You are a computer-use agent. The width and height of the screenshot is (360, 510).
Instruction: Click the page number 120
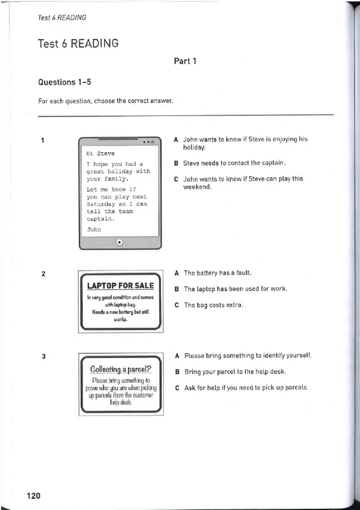pos(33,496)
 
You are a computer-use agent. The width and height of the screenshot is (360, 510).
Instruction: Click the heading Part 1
pos(185,61)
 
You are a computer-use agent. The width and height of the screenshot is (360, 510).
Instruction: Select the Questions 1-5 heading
pos(66,82)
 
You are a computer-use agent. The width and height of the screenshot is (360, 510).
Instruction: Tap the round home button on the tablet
pos(119,242)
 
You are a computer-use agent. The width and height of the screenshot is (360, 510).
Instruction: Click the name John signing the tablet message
pos(94,229)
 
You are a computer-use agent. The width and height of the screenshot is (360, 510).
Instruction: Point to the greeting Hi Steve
pos(100,153)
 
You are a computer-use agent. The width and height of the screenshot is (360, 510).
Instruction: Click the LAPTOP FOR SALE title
pos(120,286)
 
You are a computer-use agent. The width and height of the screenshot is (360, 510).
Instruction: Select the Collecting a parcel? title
pos(120,368)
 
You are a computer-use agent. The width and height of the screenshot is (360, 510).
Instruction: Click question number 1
pos(43,141)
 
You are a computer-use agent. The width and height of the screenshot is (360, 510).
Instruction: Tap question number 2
pos(43,275)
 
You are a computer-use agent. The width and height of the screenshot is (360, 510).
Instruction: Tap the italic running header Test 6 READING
pos(61,17)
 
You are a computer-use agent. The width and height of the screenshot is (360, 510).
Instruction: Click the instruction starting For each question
pos(105,100)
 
